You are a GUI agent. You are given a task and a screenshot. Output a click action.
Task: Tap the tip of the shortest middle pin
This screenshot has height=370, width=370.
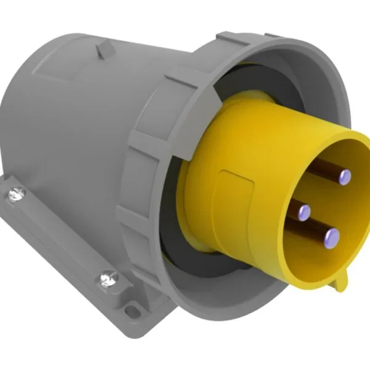[x=303, y=213]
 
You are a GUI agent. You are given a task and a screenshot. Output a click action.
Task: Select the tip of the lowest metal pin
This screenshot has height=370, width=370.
[x=332, y=234]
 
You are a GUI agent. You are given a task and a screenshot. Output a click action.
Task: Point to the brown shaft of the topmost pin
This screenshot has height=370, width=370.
[x=330, y=168]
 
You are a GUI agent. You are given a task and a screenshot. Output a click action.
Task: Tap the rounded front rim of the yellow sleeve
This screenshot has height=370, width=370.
[x=364, y=203]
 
